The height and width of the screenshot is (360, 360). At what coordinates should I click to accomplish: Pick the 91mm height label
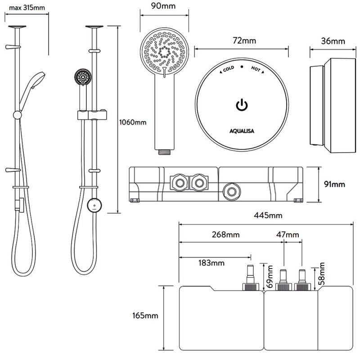click(334, 184)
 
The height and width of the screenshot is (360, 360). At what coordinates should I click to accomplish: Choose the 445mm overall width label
click(268, 216)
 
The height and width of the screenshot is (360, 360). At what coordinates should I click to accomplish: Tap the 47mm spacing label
click(288, 234)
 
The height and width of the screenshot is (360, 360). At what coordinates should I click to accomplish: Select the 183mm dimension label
click(210, 262)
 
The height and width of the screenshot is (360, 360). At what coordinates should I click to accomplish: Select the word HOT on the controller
click(255, 70)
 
